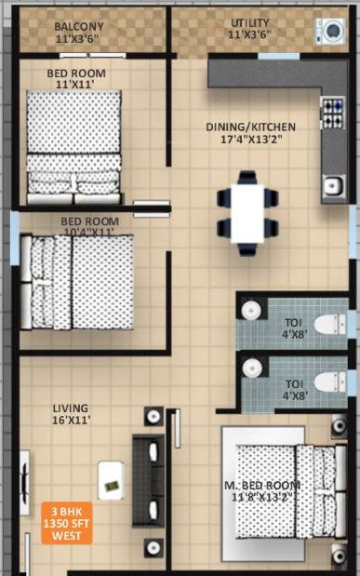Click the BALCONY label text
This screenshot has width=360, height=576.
(78, 26)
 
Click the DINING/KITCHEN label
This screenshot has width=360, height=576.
(250, 127)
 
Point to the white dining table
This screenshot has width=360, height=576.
(247, 212)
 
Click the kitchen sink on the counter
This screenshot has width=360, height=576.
(332, 186)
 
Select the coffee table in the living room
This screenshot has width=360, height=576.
(110, 479)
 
